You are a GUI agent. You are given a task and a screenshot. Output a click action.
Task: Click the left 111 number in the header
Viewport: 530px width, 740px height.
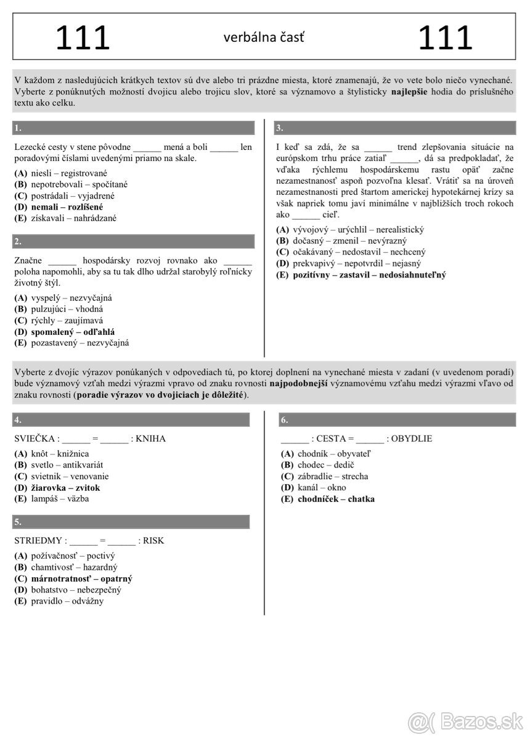83,38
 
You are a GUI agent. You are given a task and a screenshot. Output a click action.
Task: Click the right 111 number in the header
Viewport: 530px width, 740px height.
445,38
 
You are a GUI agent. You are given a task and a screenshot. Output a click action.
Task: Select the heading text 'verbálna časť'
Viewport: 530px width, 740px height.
264,38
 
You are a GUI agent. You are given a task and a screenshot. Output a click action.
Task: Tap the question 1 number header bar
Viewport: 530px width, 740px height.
133,128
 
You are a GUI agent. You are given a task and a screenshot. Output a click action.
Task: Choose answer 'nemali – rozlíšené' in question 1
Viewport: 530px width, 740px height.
67,207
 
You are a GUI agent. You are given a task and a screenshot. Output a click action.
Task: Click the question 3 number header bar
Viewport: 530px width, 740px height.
394,128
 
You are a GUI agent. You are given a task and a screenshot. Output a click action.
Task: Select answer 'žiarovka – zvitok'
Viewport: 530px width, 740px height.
65,488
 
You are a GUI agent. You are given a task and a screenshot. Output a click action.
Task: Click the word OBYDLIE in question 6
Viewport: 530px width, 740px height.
411,439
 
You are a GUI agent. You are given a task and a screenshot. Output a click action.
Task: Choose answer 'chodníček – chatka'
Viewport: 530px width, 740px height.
336,499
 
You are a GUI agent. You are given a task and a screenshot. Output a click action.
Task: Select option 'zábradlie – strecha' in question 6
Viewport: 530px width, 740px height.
333,476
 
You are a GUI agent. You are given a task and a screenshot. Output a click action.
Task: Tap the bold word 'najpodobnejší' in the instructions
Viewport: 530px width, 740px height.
298,384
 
